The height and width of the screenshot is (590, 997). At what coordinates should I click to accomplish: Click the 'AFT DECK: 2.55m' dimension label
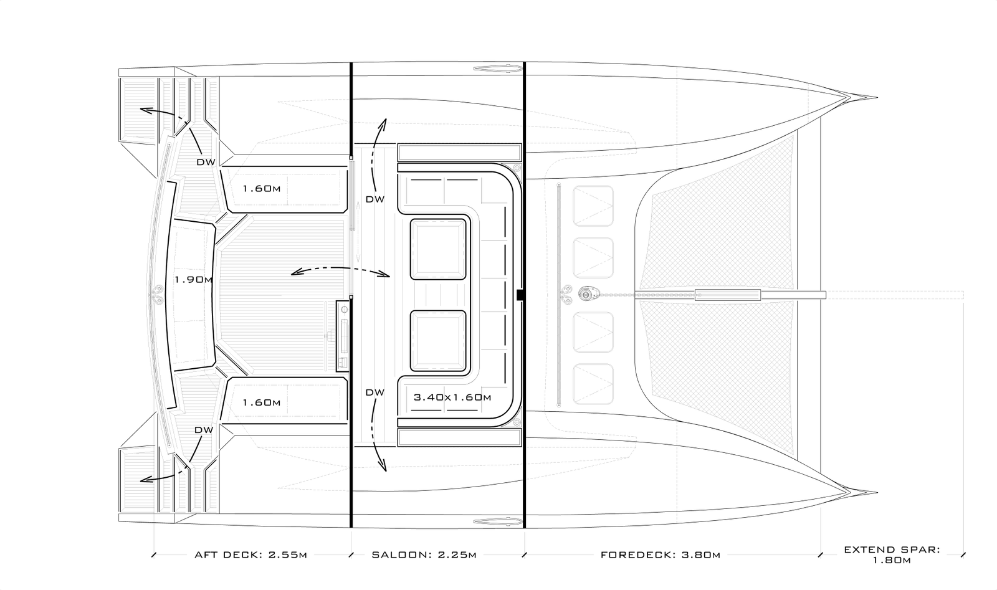(250, 555)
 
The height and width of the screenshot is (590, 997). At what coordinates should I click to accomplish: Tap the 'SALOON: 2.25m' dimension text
(424, 555)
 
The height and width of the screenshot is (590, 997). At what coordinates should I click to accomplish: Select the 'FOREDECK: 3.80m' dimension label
(660, 555)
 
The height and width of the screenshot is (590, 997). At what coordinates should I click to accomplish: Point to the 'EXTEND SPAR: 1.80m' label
(892, 555)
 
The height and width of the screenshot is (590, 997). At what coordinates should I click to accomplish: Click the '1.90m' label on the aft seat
(193, 280)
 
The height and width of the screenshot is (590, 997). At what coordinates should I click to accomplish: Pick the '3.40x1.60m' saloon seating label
(452, 397)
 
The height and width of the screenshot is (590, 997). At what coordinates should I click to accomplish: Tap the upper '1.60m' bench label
(261, 188)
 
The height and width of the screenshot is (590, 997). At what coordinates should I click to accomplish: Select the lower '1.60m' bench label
(261, 402)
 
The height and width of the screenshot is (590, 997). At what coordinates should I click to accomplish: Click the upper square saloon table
(438, 249)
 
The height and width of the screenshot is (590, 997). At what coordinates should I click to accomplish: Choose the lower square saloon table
(438, 340)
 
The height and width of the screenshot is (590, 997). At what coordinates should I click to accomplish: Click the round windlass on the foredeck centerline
(585, 293)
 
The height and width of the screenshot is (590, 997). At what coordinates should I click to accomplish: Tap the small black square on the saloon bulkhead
(520, 295)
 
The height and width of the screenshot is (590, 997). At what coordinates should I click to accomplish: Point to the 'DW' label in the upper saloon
(374, 199)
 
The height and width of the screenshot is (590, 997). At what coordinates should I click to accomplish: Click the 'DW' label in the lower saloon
(374, 393)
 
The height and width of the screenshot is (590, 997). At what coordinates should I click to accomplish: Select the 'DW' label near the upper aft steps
(206, 162)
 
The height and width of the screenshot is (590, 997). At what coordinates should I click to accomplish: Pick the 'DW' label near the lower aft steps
(204, 430)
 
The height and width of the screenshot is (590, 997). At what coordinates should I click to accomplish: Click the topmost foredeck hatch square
(593, 206)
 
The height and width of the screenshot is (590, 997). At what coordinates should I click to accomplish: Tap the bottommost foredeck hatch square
(593, 384)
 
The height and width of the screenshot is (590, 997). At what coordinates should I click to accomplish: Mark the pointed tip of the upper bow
(877, 98)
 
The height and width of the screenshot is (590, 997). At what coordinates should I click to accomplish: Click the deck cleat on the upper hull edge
(498, 68)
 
